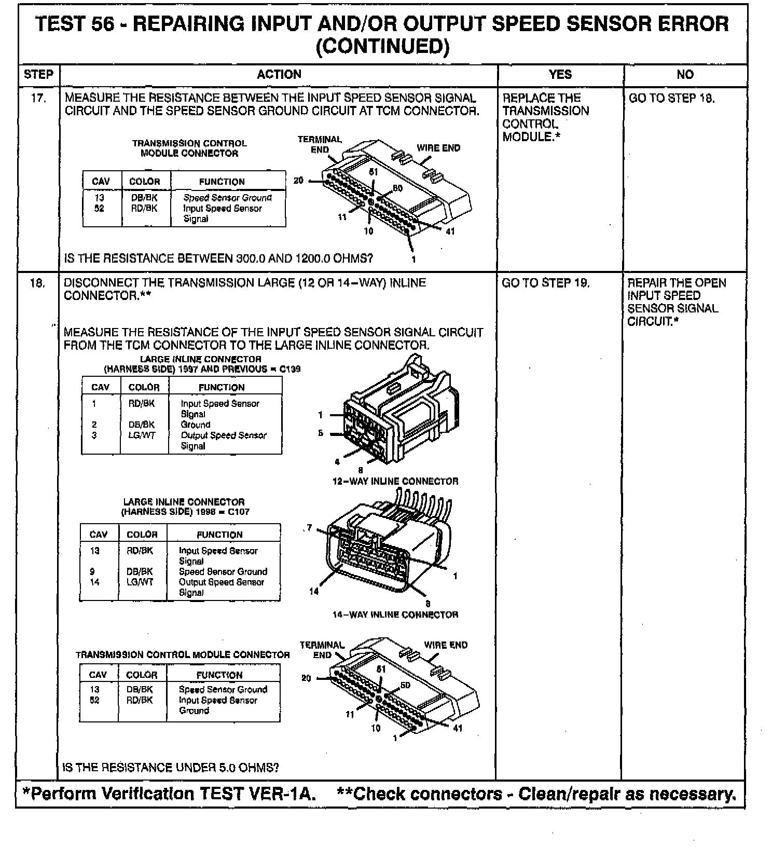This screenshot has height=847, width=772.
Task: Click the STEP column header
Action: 38,75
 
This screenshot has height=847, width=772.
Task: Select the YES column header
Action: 560,75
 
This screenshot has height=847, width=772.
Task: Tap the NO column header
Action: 685,75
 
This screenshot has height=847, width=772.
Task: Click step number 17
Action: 38,98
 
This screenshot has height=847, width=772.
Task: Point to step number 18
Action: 37,283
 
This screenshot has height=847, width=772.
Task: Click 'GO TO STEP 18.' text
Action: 671,98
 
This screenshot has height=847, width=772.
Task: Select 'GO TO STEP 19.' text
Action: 546,283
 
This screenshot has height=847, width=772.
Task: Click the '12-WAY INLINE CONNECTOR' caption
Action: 395,481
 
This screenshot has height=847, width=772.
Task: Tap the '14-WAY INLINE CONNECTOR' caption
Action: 395,614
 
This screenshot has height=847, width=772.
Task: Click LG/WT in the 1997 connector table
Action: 142,435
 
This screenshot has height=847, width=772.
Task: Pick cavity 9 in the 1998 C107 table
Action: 92,571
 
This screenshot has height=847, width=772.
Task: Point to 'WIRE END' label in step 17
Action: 438,148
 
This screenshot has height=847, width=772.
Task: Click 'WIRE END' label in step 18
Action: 446,645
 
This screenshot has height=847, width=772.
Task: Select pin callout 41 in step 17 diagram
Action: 450,231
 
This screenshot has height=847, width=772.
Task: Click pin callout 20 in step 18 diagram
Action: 306,678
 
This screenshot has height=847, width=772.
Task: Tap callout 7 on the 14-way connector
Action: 310,528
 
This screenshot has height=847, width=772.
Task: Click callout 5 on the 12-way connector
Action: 321,433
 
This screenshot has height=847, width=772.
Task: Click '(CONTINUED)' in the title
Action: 382,47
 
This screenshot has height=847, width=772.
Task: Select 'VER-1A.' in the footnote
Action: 290,794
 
